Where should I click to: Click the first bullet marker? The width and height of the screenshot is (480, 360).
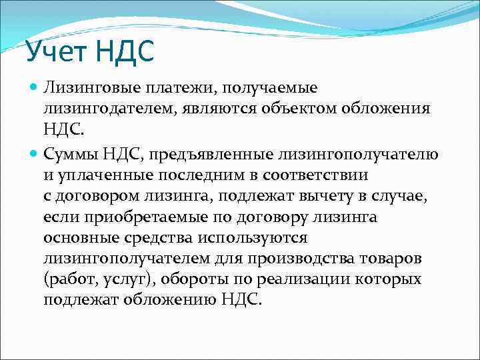(34, 87)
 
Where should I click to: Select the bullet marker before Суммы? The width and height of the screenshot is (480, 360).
(34, 155)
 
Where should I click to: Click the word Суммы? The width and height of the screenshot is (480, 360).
(73, 155)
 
